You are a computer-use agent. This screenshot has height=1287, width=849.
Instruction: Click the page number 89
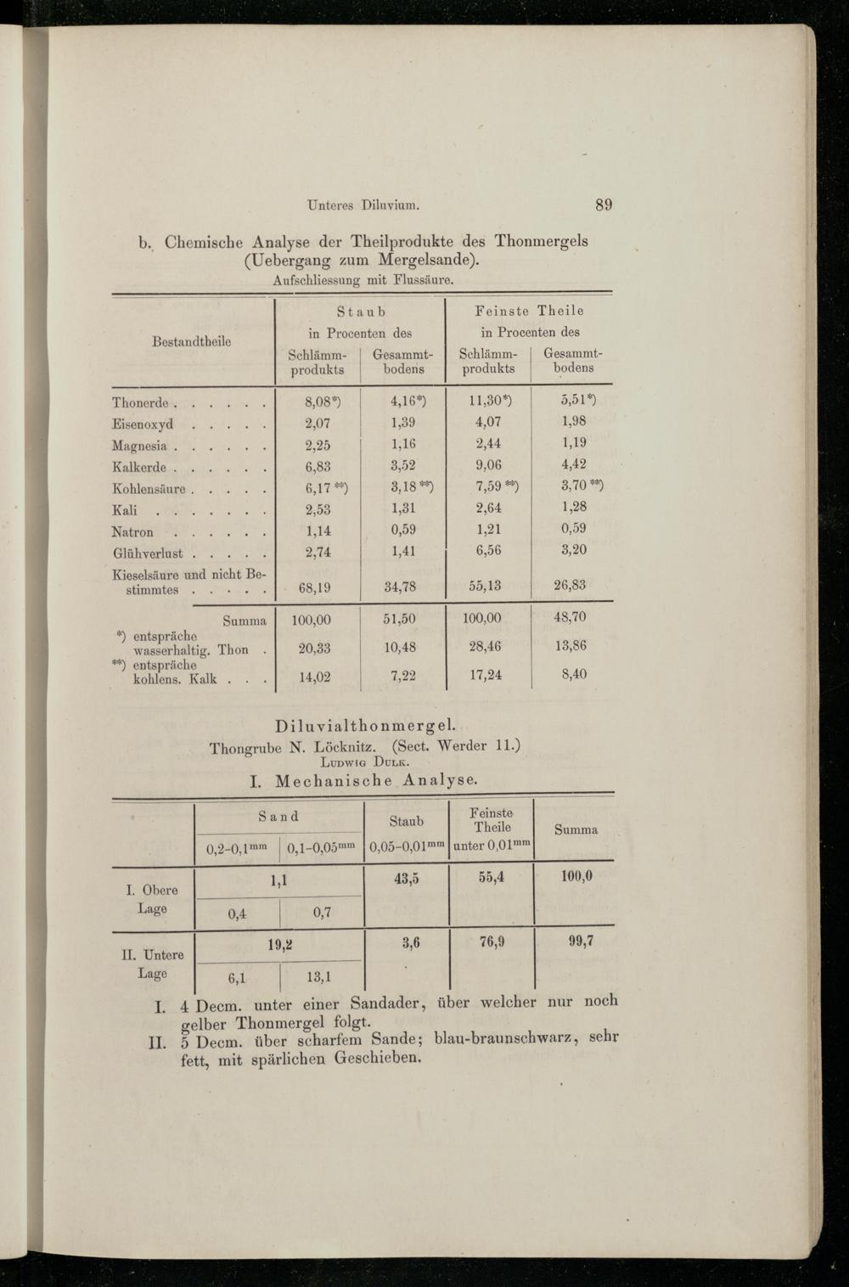(604, 204)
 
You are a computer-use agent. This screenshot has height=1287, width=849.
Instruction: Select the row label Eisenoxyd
(143, 424)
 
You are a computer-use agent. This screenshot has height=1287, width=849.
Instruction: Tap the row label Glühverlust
(148, 553)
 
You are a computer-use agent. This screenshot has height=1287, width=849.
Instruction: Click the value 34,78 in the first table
(401, 587)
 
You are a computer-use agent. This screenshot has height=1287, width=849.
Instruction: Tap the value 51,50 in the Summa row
(401, 620)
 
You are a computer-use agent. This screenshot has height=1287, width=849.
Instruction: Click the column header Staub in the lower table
(406, 821)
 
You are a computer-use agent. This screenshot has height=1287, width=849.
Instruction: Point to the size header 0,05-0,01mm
(407, 846)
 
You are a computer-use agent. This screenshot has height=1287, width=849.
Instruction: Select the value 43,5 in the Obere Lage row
(406, 880)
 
